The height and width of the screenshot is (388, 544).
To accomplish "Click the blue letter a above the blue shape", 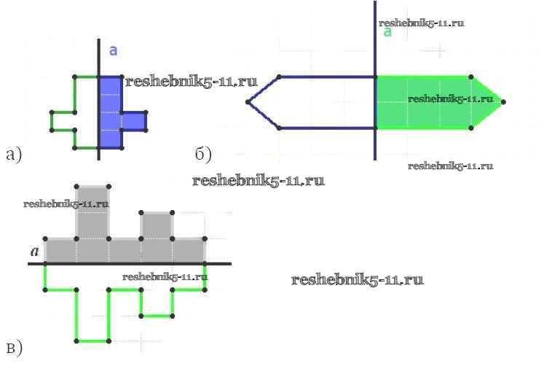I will pos(113,50).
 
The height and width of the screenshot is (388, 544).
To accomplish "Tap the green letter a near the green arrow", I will pos(387,32).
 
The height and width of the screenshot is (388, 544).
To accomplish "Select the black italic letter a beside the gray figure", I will pos(34,252).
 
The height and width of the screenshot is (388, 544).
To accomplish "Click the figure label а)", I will pos(14,154).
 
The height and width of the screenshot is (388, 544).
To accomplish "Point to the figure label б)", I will pos(204,154).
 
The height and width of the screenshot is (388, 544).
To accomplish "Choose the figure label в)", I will pos(14,348).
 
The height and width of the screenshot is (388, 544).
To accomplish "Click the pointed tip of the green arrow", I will pos(503,102).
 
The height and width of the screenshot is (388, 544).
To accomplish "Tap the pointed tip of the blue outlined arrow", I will pos(248,102).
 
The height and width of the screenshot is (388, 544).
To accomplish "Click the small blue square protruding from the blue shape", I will pos(134,121).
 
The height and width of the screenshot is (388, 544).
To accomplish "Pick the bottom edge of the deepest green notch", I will pos(92,341).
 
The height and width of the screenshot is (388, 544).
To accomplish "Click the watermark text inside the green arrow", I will pos(450,98).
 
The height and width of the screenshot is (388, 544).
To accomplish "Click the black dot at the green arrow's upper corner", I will pos(472,77).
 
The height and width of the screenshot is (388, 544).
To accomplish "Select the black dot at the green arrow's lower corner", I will pos(472,128).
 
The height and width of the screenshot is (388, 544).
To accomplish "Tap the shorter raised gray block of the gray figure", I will pos(157,225).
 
